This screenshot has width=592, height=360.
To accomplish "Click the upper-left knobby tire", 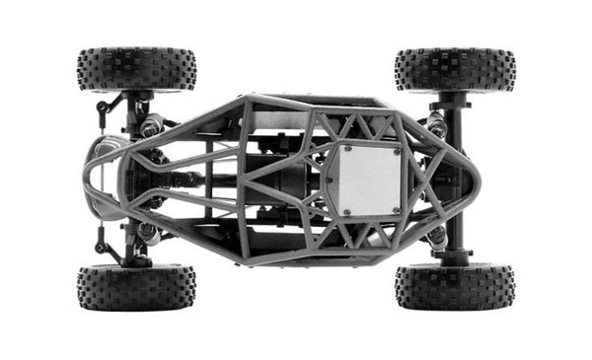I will click(136, 68).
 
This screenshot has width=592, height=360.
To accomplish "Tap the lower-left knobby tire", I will click(136, 287).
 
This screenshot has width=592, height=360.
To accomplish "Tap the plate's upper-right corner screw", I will click(398, 151).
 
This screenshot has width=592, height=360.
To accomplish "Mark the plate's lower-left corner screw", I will click(346, 210).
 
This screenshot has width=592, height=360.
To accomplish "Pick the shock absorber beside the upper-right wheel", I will click(435, 124).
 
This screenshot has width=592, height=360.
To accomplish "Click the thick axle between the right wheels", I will click(455, 178).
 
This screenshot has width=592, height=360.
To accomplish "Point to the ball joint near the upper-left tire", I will click(103, 108).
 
